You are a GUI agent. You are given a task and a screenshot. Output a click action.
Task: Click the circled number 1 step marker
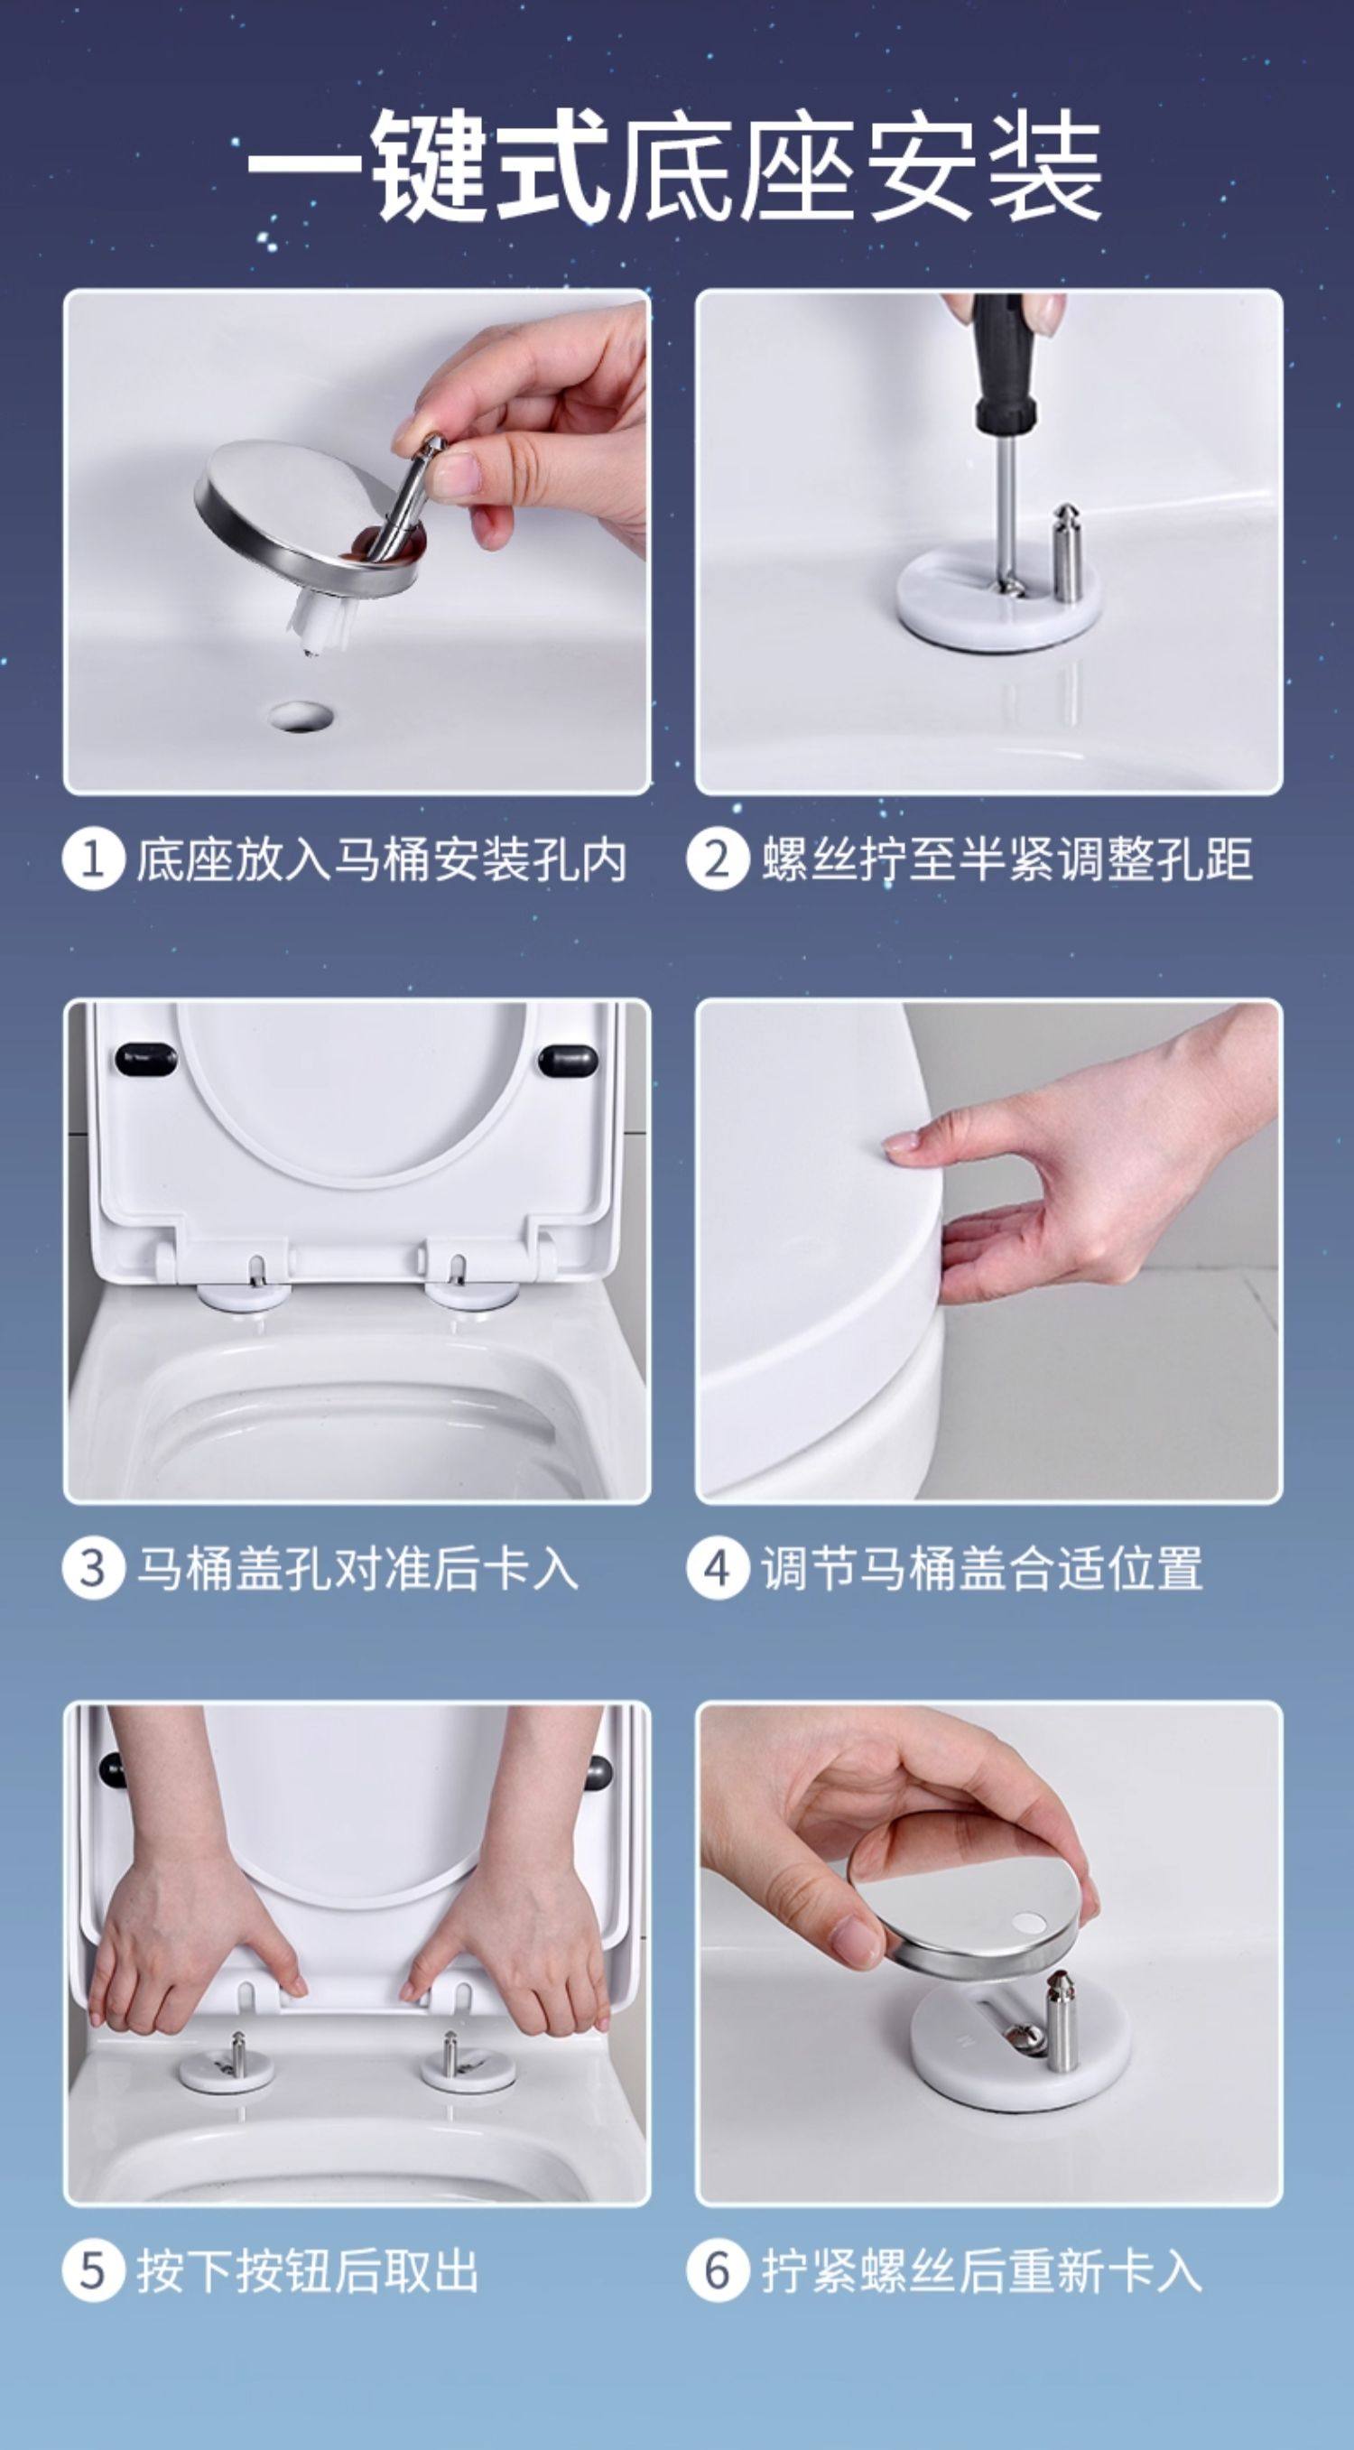93,859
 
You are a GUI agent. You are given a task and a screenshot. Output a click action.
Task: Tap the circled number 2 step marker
718,859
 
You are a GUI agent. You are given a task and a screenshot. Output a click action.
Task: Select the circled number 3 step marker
93,1568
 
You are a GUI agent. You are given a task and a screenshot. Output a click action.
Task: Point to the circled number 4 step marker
718,1568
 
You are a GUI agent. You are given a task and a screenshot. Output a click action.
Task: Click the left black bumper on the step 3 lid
145,1058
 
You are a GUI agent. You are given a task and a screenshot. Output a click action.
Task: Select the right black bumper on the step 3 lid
569,1059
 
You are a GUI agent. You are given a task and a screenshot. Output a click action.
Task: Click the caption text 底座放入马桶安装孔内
381,859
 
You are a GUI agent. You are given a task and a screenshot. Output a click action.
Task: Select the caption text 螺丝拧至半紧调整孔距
1006,859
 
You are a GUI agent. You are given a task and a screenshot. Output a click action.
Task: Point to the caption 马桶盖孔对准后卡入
357,1568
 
